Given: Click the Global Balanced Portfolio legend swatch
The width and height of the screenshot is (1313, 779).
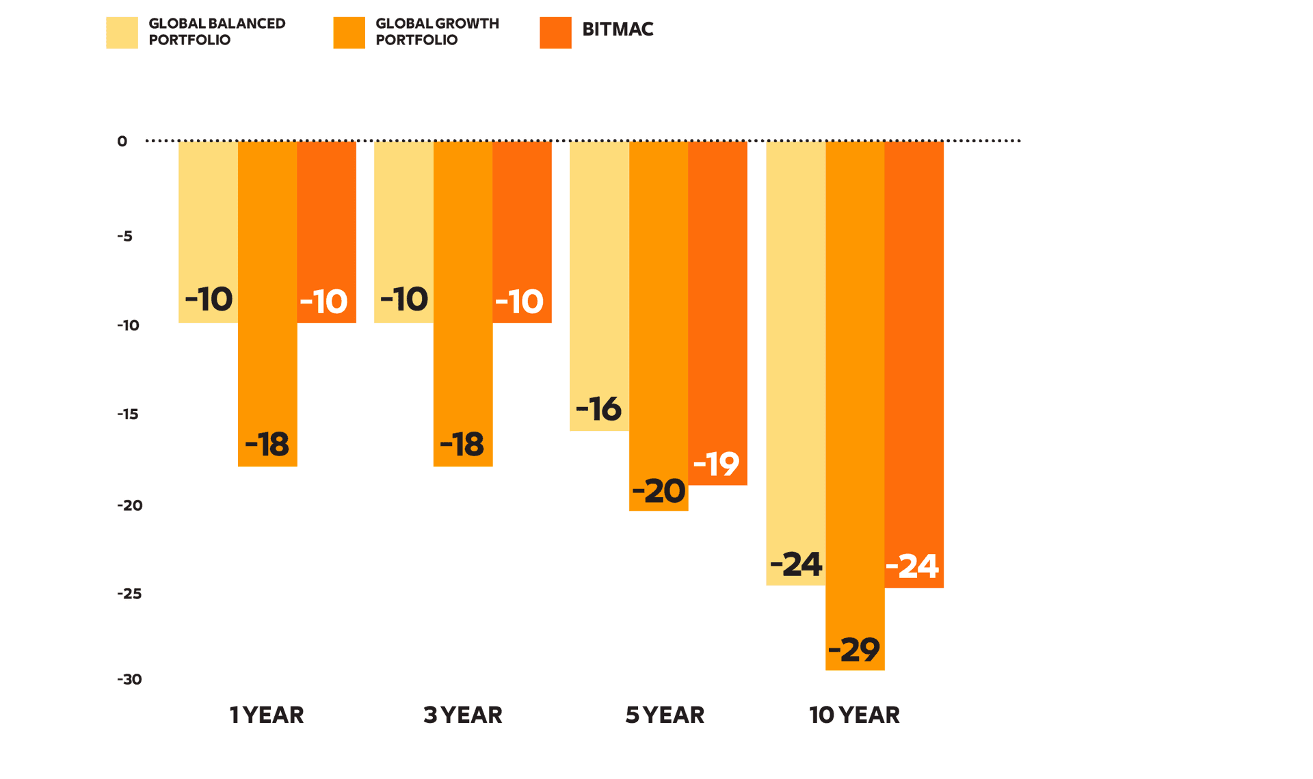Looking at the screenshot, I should pos(122,33).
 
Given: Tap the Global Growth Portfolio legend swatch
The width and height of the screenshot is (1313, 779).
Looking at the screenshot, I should pos(349,33).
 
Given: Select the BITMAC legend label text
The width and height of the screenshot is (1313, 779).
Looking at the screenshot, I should pos(618,29).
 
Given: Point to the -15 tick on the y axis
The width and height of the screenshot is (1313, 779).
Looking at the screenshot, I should pos(128,414).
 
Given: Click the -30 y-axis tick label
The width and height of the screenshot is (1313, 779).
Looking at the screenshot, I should pos(129,680).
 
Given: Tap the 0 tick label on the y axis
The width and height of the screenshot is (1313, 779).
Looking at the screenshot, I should pos(122,142).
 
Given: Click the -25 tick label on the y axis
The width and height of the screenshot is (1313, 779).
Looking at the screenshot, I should pos(129,594).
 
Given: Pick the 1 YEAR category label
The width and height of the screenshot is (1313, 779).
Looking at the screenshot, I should pos(267,715).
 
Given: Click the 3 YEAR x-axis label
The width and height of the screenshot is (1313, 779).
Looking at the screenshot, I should pos(463,715).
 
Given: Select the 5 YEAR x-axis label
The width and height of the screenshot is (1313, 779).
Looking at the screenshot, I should pos(665,715).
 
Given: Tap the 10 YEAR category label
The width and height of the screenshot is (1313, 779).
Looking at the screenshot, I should pos(854,715).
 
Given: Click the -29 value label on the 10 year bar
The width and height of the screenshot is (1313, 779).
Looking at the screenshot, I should pos(854,650).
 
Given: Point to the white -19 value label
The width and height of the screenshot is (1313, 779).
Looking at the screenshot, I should pos(716,464).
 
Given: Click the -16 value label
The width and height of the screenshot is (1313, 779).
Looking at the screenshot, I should pos(598,409).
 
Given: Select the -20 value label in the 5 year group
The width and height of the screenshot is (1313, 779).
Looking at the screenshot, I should pos(659,491).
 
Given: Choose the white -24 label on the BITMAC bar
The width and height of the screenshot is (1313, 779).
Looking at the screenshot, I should pos(912,566).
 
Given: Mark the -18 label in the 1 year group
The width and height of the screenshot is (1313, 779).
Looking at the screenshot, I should pos(267,445).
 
